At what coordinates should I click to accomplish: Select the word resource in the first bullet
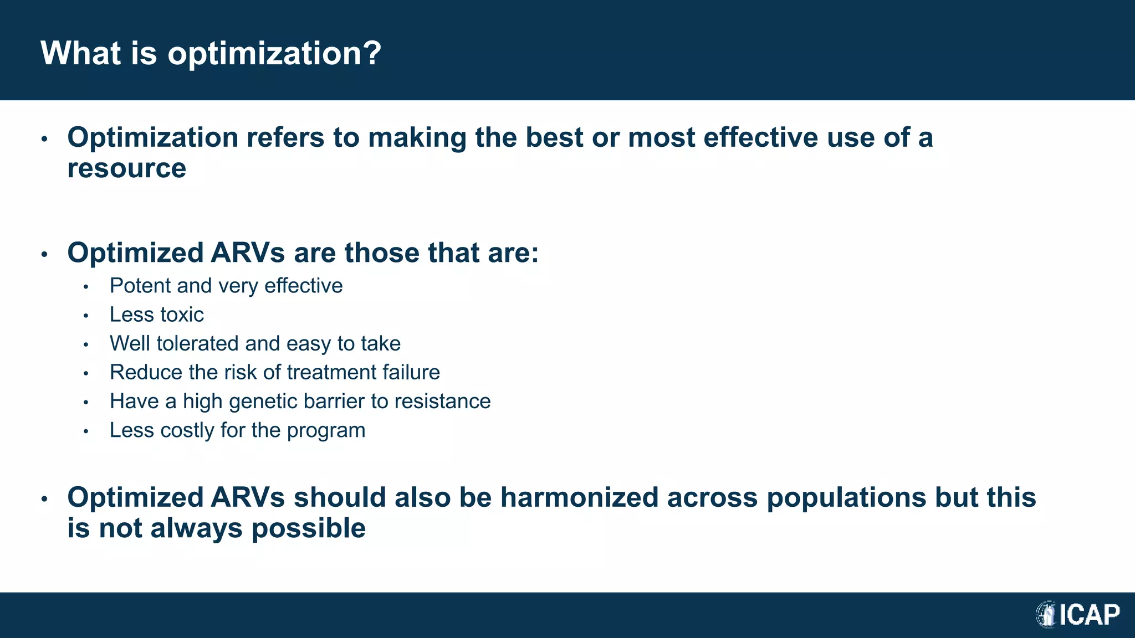coord(126,169)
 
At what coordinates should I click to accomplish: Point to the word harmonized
coord(579,497)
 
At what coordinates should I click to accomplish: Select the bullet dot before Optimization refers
coord(45,139)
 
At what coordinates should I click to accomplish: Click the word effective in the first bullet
coord(760,137)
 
